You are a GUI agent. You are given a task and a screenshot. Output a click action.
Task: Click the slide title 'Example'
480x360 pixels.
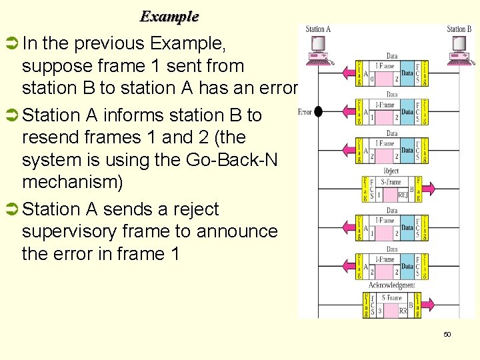[169, 16]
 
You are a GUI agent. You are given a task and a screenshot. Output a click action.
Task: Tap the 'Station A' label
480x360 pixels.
[318, 29]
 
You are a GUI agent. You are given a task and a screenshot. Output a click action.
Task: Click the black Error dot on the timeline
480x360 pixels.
[318, 111]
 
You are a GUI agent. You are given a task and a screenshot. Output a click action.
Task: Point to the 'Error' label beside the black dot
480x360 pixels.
[305, 111]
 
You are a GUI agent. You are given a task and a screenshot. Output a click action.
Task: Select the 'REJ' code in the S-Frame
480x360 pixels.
[403, 195]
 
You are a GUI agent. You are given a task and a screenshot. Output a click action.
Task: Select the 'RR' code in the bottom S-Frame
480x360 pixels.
[403, 311]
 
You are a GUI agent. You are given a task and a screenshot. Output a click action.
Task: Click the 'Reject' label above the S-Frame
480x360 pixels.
[392, 171]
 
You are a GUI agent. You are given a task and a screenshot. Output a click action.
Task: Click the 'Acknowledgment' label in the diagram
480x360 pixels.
[392, 285]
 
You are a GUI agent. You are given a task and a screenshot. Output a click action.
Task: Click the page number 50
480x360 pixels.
[447, 334]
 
